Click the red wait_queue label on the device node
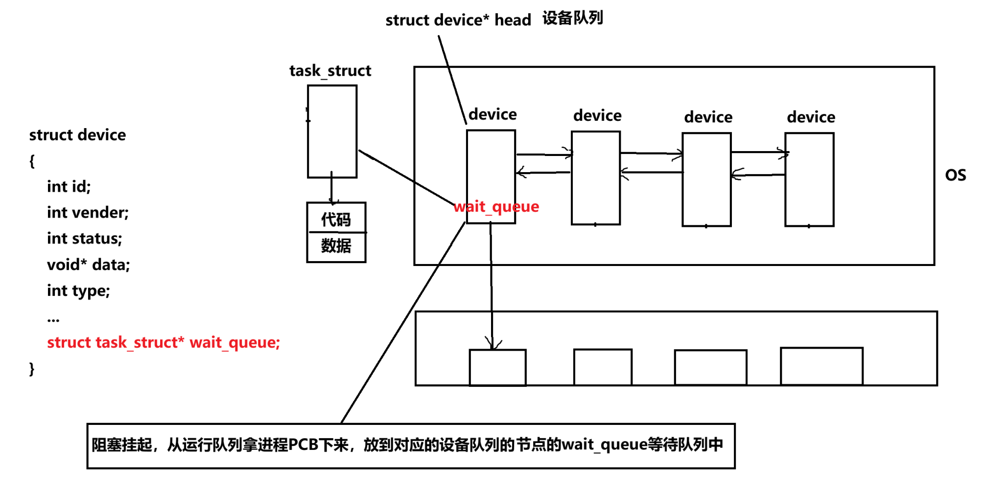click(x=496, y=206)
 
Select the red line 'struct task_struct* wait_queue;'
click(x=163, y=342)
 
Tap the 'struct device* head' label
click(x=458, y=20)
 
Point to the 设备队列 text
click(x=572, y=18)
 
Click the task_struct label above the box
click(x=330, y=71)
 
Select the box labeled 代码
click(x=336, y=219)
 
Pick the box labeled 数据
click(x=336, y=246)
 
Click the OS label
click(x=955, y=175)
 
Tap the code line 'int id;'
click(x=69, y=186)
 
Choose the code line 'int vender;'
click(x=88, y=212)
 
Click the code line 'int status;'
click(x=84, y=238)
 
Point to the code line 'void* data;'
click(x=88, y=265)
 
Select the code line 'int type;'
click(x=78, y=290)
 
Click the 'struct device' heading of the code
click(x=77, y=134)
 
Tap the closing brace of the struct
click(x=32, y=368)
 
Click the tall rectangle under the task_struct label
click(x=332, y=131)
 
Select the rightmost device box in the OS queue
click(x=809, y=179)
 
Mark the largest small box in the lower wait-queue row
click(x=821, y=366)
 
